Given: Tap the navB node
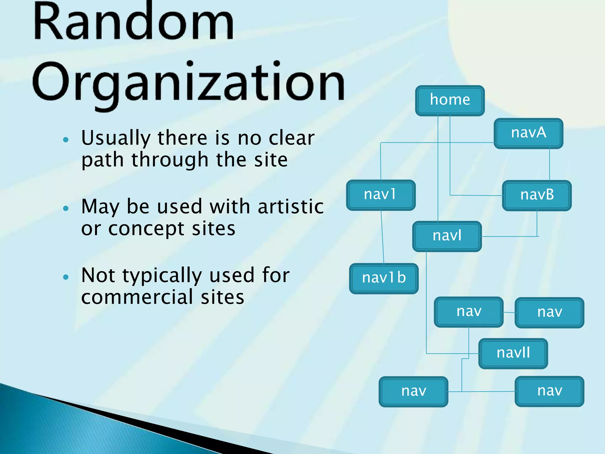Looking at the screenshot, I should pos(537,195).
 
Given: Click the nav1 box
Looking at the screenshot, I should pos(380,195).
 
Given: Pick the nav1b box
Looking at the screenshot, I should pos(384,278).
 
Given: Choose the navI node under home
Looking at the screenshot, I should pos(447,236).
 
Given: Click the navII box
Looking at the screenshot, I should pos(513,353).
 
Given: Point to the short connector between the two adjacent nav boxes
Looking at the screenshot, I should pos(509,312).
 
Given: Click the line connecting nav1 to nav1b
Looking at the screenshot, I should pos(382,236).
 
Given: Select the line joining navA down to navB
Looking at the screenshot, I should pos(549,164).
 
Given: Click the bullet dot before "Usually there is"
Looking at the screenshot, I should pos(66,140).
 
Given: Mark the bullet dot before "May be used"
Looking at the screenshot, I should pos(66,208).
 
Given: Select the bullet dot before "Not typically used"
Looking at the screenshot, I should pos(66,277).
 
